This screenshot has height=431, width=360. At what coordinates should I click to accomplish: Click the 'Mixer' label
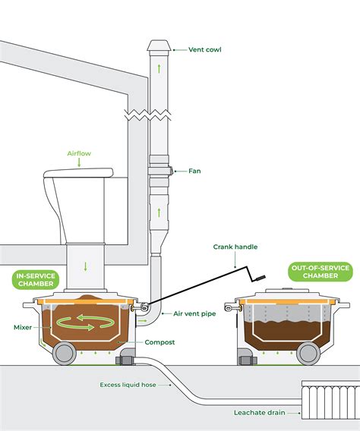[x=24, y=328]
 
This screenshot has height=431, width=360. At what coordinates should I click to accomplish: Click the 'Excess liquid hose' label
[x=128, y=385]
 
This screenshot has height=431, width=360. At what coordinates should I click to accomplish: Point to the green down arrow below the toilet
[x=86, y=266]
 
